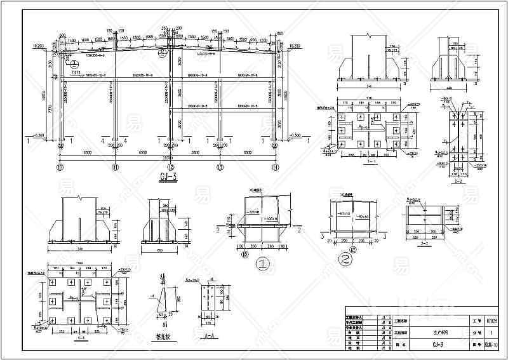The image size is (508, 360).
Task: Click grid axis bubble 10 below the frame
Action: [x=61, y=168]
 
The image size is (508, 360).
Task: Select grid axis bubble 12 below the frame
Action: [x=169, y=168]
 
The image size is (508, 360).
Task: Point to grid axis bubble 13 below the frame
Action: [x=220, y=168]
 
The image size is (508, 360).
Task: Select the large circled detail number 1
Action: [x=260, y=262]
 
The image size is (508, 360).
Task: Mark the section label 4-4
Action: [x=79, y=340]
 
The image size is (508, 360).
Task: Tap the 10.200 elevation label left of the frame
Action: [x=38, y=46]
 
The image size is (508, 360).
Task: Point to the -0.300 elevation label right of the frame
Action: [x=294, y=135]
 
